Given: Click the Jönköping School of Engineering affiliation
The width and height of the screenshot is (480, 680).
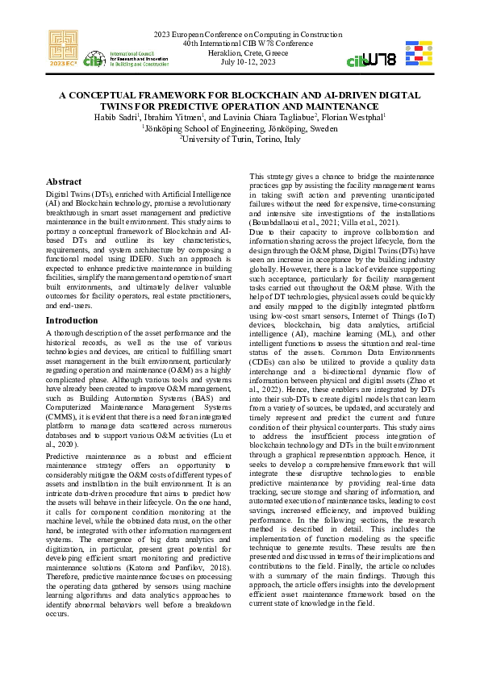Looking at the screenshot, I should pyautogui.click(x=240, y=127).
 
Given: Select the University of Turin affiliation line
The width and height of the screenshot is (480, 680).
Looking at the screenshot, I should pyautogui.click(x=240, y=139).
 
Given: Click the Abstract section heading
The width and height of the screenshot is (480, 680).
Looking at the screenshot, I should pyautogui.click(x=64, y=182).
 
